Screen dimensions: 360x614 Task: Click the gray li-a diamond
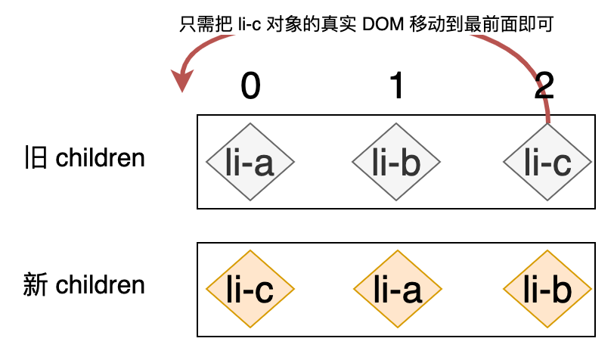point(250,162)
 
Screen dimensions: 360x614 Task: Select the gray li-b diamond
point(396,162)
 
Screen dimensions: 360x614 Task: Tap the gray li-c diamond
point(548,162)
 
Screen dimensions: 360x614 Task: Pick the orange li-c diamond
point(250,288)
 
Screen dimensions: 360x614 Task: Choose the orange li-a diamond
point(396,288)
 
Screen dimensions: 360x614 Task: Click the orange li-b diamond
point(548,288)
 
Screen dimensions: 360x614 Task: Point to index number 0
point(250,87)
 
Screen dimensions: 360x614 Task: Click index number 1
point(396,87)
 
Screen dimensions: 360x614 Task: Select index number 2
point(544,87)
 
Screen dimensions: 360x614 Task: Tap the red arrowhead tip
point(181,88)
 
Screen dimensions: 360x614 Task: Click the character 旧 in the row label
point(36,158)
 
